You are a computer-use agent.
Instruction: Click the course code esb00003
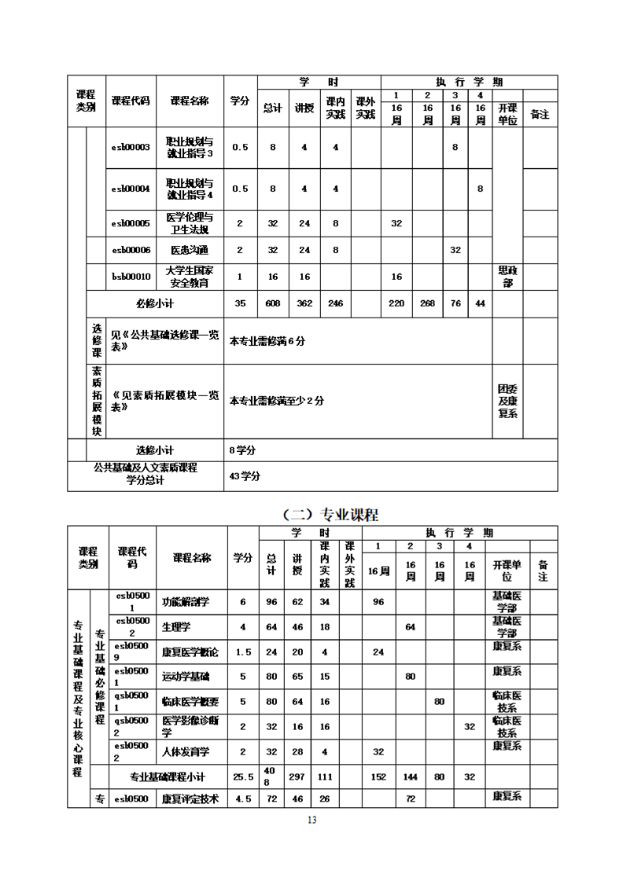coord(131,148)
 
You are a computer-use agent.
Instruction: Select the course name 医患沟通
coord(190,250)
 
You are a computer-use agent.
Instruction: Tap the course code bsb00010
coord(131,277)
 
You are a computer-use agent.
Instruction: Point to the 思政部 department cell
coord(508,277)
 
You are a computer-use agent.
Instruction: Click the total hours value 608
coord(273,303)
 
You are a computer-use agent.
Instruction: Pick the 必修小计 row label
coord(155,303)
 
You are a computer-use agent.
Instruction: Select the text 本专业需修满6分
coord(267,342)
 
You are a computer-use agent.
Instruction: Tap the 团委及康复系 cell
coord(508,401)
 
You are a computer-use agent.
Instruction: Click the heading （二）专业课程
coord(330,516)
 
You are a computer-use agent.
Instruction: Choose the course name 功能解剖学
coord(186,602)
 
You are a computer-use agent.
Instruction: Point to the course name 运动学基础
coord(186,676)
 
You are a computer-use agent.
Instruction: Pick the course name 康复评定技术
coord(190,798)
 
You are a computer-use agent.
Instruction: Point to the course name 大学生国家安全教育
coord(190,277)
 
